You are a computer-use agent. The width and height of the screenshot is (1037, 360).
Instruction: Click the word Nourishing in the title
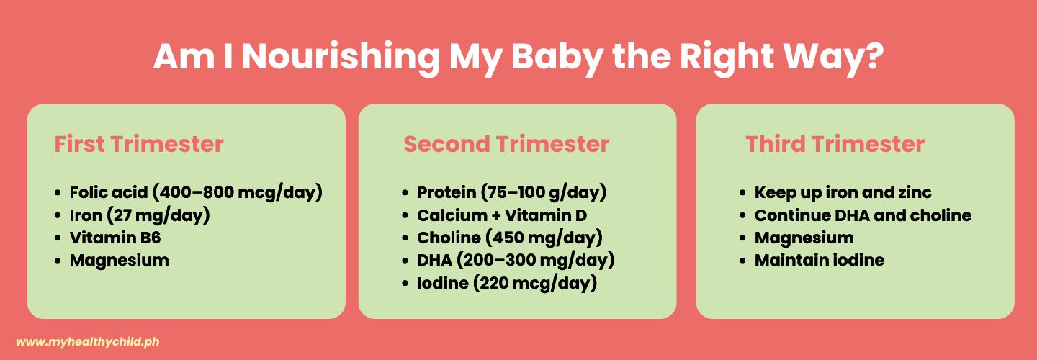[x=341, y=58]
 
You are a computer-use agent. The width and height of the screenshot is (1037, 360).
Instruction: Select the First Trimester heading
[x=139, y=144]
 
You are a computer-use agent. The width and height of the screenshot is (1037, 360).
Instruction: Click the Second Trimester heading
[x=506, y=144]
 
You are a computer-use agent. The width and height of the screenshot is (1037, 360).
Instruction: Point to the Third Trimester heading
[x=835, y=144]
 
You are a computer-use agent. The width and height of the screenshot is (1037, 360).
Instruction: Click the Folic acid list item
[x=196, y=192]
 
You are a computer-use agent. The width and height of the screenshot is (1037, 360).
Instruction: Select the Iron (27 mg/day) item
[x=140, y=215]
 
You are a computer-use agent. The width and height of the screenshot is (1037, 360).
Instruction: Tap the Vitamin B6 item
[x=115, y=238]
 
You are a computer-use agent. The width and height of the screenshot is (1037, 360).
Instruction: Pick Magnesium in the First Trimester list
[x=120, y=261]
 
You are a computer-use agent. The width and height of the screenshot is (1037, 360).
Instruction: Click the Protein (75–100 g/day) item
[x=511, y=192]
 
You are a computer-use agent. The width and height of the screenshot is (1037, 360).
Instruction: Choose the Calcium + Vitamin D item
[x=502, y=215]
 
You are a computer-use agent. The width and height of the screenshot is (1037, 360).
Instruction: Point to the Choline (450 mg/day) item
[x=510, y=238]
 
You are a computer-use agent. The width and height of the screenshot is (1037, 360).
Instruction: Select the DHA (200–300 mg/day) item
[x=516, y=260]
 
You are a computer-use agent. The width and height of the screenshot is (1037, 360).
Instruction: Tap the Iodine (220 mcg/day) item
[x=507, y=283]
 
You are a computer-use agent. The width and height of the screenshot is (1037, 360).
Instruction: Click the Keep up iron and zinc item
[x=843, y=192]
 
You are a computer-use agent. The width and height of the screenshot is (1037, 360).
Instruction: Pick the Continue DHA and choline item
[x=863, y=215]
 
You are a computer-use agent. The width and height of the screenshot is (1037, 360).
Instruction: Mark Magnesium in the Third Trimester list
[x=804, y=238]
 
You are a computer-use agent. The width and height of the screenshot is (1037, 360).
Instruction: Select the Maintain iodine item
[x=820, y=260]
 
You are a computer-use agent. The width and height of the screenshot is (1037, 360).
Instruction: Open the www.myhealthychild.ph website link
[x=88, y=342]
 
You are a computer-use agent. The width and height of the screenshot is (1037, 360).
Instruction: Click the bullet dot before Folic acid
[x=58, y=193]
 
